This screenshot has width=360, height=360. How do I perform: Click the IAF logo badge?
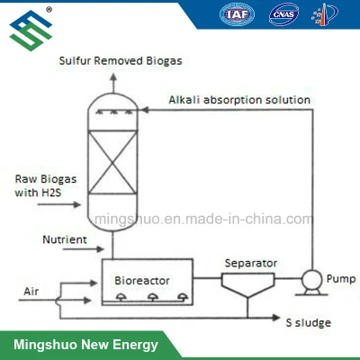coord(237,14)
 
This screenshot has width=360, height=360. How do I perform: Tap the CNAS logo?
coord(283,14)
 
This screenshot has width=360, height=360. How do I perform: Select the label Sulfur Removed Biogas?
coord(121,60)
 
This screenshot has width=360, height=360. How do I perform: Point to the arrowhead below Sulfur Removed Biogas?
coord(113,76)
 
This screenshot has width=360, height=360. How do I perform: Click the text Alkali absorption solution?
coord(239,100)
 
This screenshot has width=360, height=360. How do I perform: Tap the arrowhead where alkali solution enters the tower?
coord(145,110)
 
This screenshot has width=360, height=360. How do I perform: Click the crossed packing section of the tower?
coord(112,162)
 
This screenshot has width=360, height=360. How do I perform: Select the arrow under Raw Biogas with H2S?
coord(59,204)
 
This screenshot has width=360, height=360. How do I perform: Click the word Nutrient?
coord(65,239)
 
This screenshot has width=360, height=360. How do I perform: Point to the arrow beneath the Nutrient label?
coord(84,248)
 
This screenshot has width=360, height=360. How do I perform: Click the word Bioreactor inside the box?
coord(142,281)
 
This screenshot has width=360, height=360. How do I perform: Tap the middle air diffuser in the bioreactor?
coord(153,297)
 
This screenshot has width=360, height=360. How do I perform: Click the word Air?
coord(31,292)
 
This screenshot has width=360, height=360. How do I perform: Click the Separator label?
coord(251,263)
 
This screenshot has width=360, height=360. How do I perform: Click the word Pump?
coord(341,279)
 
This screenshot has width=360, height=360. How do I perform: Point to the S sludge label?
coord(309,322)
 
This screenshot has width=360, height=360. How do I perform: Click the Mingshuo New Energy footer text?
coord(85,345)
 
